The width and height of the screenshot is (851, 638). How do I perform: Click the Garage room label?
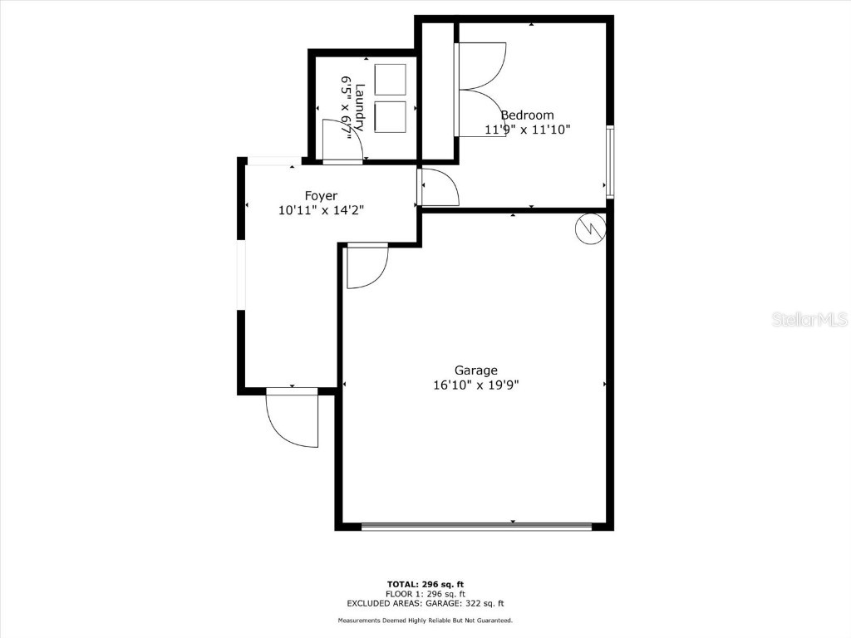(x=475, y=371)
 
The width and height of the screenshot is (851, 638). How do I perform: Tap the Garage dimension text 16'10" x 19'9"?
(x=475, y=385)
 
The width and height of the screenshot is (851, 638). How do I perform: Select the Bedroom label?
(x=527, y=115)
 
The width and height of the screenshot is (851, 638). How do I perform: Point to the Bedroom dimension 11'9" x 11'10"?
(x=527, y=130)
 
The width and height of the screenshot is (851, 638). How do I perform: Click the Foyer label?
(x=320, y=196)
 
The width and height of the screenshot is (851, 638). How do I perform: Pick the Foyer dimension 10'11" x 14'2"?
(x=322, y=211)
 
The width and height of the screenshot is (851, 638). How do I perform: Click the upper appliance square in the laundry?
(x=390, y=79)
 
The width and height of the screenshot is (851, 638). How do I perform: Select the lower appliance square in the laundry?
(x=390, y=116)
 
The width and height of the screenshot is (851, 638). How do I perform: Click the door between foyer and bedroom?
(x=439, y=187)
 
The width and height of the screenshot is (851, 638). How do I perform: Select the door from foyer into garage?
(x=366, y=266)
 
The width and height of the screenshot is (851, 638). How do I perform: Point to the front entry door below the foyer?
(x=293, y=418)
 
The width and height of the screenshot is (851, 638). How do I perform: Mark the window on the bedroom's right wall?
(x=610, y=161)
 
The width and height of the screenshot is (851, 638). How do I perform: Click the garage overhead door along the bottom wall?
(x=477, y=527)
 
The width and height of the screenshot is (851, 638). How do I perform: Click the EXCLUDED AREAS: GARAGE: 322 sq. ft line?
(x=425, y=604)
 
